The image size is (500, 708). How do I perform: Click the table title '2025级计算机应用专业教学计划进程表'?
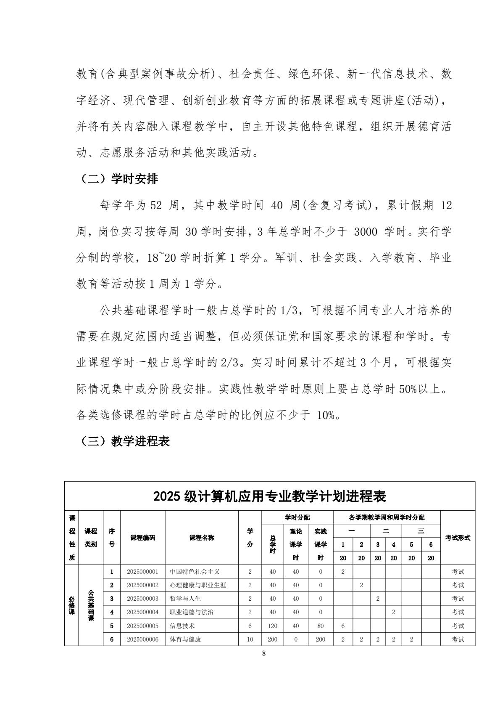coord(269,496)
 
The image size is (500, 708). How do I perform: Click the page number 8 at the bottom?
coord(264,653)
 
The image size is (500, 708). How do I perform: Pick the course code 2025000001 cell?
coord(142,571)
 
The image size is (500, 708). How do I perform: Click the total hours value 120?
coord(272,626)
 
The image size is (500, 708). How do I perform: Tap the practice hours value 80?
coord(321,626)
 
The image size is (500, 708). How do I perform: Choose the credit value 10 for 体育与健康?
coord(250,639)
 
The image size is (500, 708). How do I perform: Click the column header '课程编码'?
coord(142,538)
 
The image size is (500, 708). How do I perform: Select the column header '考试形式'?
coord(458,538)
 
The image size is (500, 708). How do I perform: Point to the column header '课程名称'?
coord(202,538)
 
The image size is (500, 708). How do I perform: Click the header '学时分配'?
coord(297,517)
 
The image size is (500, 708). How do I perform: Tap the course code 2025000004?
coord(142,612)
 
